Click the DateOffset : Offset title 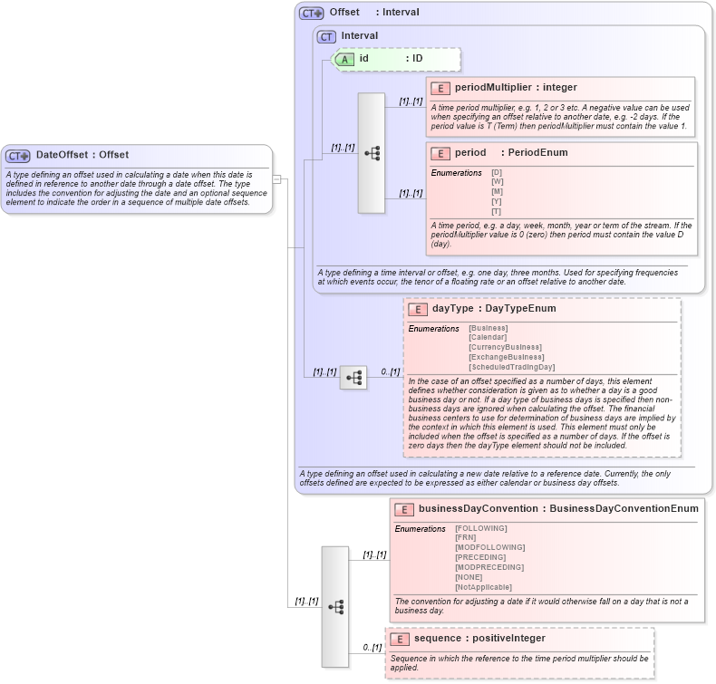point(82,155)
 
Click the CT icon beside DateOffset point(19,156)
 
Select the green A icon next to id point(343,59)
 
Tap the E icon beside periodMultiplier point(440,88)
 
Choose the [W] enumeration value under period point(497,182)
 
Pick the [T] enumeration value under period point(497,211)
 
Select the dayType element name point(452,309)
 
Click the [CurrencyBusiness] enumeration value point(505,347)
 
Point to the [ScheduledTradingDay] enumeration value point(511,367)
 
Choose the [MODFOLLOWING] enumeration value point(489,547)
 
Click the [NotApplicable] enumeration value point(483,587)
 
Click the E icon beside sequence point(400,639)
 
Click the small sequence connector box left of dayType point(353,377)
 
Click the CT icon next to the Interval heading point(326,36)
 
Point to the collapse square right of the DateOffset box point(277,179)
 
